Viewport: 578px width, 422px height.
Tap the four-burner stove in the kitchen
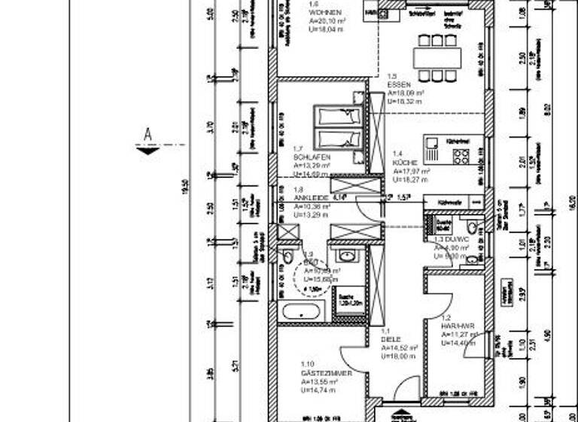coord(461,156)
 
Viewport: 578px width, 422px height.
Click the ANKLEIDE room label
coord(310,198)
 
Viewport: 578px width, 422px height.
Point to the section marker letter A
coord(148,134)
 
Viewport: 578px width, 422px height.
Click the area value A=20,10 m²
coord(327,22)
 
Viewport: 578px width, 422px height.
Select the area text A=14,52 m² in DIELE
coord(398,347)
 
